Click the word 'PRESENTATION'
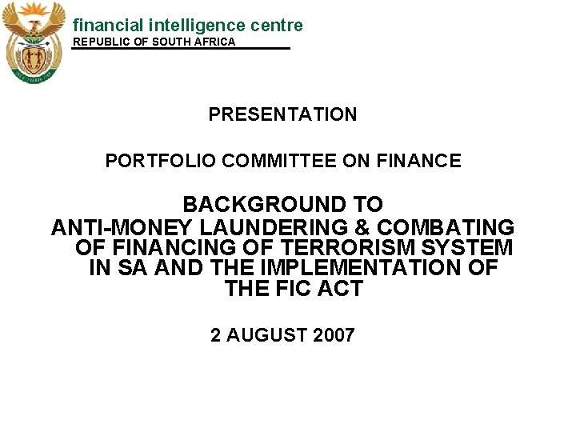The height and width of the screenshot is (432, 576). coord(282,114)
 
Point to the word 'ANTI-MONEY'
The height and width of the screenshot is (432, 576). coord(122,227)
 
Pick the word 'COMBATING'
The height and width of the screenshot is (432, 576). coord(452,227)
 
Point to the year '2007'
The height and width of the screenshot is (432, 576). coord(335,335)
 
